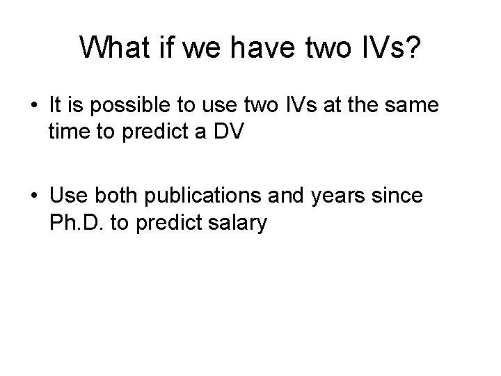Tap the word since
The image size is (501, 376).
[x=398, y=196]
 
